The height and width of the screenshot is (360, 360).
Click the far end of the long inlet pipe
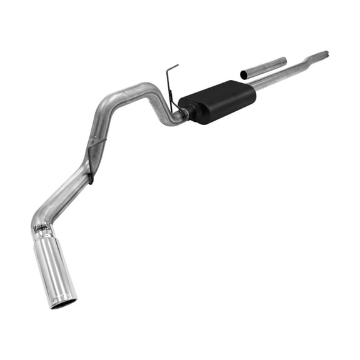coord(325,54)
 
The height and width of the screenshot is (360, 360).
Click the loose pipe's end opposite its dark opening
coord(284,60)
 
